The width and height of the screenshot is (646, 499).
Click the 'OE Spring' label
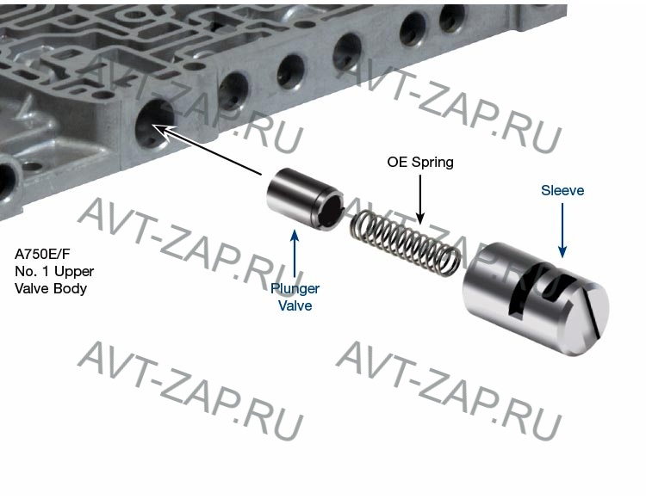pyautogui.click(x=420, y=163)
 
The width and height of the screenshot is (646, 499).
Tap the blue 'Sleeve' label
pyautogui.click(x=562, y=190)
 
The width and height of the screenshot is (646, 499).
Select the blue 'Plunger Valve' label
pyautogui.click(x=295, y=297)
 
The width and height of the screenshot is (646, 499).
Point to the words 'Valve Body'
pyautogui.click(x=51, y=288)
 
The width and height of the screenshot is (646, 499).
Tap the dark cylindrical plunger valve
pyautogui.click(x=305, y=198)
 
